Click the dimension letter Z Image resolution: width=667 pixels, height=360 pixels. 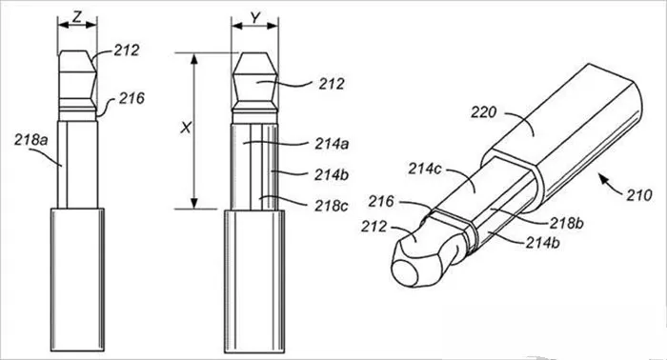pos(77,17)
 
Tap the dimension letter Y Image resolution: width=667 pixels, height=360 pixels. pos(254,17)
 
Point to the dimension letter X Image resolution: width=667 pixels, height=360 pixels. pos(186,128)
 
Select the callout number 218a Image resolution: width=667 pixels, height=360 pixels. pos(31,140)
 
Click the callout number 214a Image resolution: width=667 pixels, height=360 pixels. pos(332,144)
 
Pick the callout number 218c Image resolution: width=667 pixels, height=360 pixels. pos(332,206)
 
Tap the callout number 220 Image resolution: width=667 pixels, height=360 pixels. pos(484,112)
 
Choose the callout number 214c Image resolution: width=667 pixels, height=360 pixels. pos(425,169)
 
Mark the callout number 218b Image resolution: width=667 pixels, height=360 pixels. pos(567,223)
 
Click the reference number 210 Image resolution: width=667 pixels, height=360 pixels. pos(639,195)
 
